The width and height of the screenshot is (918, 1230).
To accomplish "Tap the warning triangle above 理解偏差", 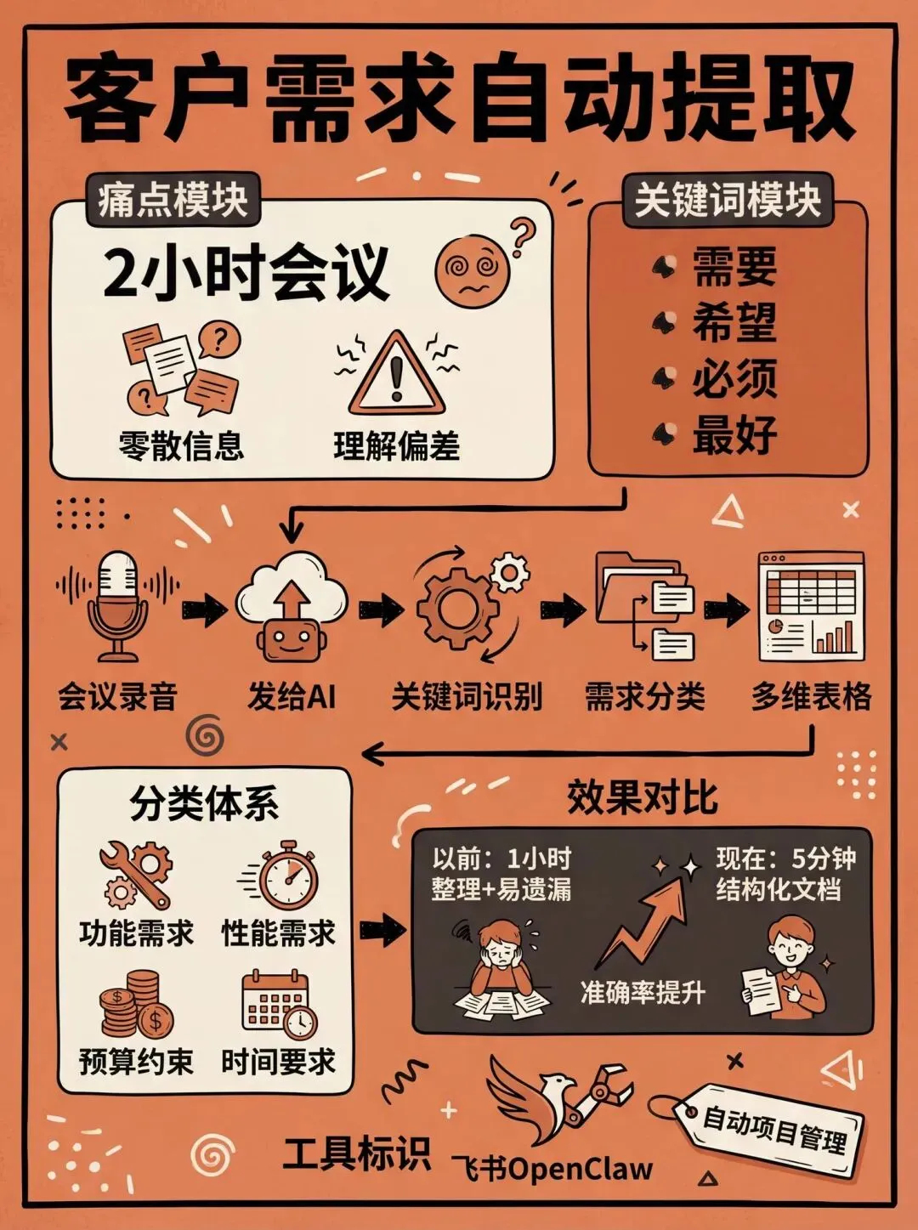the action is point(396,375).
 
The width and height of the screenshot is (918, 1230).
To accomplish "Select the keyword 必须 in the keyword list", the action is point(734,378).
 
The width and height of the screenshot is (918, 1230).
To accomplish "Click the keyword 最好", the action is point(734,434).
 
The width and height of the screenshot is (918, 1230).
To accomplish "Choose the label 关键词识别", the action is point(467,697).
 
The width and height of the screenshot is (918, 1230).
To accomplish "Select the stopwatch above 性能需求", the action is point(285,876).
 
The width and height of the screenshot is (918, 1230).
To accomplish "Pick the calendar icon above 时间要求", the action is point(279,1006).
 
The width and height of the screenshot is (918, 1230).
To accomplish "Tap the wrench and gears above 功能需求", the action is point(135,876).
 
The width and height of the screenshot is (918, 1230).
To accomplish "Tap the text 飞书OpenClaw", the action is point(552,1169).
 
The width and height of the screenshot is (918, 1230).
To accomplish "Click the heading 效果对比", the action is point(642,798).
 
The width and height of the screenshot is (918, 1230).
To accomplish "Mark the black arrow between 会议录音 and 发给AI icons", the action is point(204,609).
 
